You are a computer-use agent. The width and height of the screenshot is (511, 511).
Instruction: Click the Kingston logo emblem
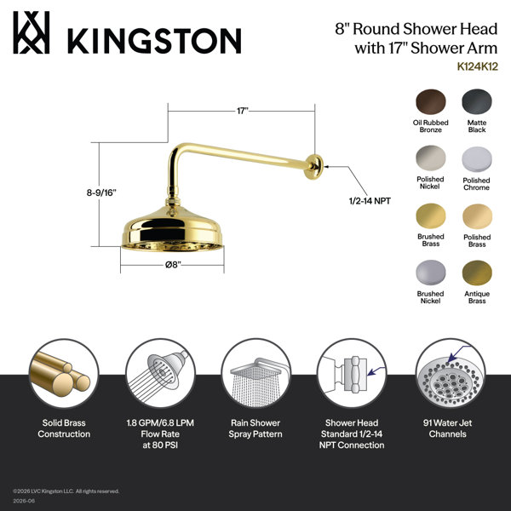tap(32, 32)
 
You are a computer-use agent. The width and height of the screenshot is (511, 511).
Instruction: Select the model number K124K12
tap(478, 66)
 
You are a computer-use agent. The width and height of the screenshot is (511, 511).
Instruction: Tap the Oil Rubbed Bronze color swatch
tap(430, 101)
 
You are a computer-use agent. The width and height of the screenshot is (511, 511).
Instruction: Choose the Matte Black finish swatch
tap(477, 101)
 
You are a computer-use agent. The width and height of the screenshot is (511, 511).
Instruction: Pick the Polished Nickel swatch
tap(430, 158)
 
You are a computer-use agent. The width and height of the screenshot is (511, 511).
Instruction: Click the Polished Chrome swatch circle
tap(477, 159)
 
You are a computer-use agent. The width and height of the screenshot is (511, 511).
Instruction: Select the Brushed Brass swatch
tap(430, 215)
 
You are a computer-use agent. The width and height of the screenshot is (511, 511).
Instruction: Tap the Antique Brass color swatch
tap(477, 273)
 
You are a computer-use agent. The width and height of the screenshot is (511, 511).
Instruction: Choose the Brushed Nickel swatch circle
tap(430, 273)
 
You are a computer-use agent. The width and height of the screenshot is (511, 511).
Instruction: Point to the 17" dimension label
tap(242, 111)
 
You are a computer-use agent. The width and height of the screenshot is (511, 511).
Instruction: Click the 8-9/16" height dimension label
tap(101, 192)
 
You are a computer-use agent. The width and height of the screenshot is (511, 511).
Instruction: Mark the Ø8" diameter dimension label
tap(173, 265)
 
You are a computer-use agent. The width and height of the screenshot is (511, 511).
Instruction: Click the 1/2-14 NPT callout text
tap(370, 201)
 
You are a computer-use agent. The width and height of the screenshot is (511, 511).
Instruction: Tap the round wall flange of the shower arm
tap(314, 167)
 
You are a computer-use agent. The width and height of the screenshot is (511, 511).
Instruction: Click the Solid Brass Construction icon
tap(64, 373)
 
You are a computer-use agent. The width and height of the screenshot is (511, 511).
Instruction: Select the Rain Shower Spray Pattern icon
tap(255, 373)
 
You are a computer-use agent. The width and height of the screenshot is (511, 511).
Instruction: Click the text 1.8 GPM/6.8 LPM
tap(160, 423)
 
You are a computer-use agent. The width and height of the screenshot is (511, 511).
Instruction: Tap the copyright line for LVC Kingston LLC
tap(66, 491)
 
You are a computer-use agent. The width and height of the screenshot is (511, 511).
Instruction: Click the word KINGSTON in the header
tap(154, 41)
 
